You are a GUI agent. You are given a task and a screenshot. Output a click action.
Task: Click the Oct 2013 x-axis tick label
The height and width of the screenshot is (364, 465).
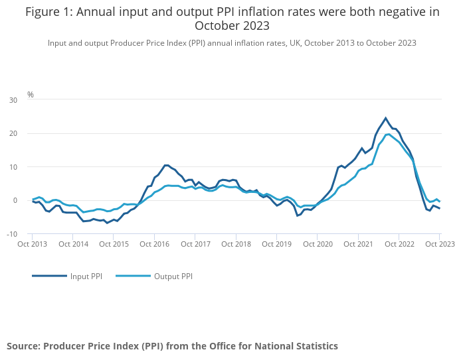click(x=33, y=244)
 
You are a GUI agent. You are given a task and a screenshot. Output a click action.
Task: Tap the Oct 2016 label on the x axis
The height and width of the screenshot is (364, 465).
click(x=154, y=244)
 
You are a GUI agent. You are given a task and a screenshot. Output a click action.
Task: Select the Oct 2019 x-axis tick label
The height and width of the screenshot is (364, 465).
click(x=276, y=244)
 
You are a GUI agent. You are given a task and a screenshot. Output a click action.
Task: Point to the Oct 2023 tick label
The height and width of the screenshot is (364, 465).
click(x=439, y=244)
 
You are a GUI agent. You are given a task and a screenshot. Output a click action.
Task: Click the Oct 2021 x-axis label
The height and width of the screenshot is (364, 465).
click(x=358, y=244)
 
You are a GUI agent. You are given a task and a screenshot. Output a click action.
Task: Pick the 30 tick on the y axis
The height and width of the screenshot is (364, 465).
click(x=13, y=100)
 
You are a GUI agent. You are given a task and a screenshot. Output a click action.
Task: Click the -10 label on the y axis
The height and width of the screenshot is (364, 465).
click(x=13, y=234)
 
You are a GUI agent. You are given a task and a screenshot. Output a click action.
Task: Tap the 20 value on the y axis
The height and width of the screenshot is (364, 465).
click(x=13, y=133)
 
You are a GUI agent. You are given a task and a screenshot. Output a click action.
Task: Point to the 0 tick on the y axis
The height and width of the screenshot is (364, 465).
click(x=15, y=200)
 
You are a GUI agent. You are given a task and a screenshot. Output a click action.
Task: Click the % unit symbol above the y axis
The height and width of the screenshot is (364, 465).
click(x=31, y=95)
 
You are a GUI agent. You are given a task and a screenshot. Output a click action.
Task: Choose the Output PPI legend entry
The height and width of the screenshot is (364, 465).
click(x=172, y=276)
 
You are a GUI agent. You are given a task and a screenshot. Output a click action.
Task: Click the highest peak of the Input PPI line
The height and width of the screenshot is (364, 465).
click(x=385, y=118)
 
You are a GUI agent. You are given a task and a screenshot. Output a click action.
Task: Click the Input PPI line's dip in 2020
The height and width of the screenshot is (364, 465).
click(x=298, y=215)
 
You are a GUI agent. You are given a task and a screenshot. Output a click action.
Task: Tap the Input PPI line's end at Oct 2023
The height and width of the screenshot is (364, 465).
click(x=440, y=209)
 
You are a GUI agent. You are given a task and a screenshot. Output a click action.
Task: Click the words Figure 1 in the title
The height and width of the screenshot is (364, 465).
click(x=50, y=11)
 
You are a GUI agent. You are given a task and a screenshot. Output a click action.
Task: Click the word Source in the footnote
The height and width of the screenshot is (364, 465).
click(x=22, y=346)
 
